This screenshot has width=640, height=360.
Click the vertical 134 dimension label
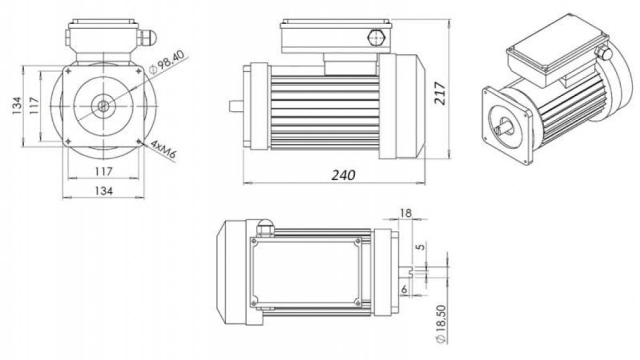pyautogui.click(x=17, y=106)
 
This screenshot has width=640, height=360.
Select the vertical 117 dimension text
pyautogui.click(x=34, y=106)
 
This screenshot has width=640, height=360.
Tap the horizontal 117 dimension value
pyautogui.click(x=103, y=171)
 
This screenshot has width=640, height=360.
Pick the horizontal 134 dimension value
pyautogui.click(x=103, y=190)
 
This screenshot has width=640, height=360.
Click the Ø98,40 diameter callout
pyautogui.click(x=167, y=62)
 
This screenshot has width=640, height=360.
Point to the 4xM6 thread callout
pyautogui.click(x=163, y=149)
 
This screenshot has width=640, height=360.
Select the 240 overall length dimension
pyautogui.click(x=343, y=175)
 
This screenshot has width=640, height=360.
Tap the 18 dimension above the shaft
pyautogui.click(x=406, y=213)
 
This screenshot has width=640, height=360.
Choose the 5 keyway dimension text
pyautogui.click(x=422, y=246)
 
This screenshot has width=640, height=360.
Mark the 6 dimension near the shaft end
pyautogui.click(x=404, y=290)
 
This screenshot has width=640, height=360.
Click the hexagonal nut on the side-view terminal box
pyautogui.click(x=377, y=37)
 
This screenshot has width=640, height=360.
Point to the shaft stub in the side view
pyautogui.click(x=236, y=106)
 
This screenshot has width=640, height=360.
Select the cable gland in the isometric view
pyautogui.click(x=603, y=53)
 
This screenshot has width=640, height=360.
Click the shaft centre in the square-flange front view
pyautogui.click(x=103, y=106)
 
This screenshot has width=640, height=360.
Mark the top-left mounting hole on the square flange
pyautogui.click(x=68, y=71)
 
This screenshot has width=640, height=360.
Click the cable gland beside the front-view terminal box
pyautogui.click(x=147, y=38)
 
